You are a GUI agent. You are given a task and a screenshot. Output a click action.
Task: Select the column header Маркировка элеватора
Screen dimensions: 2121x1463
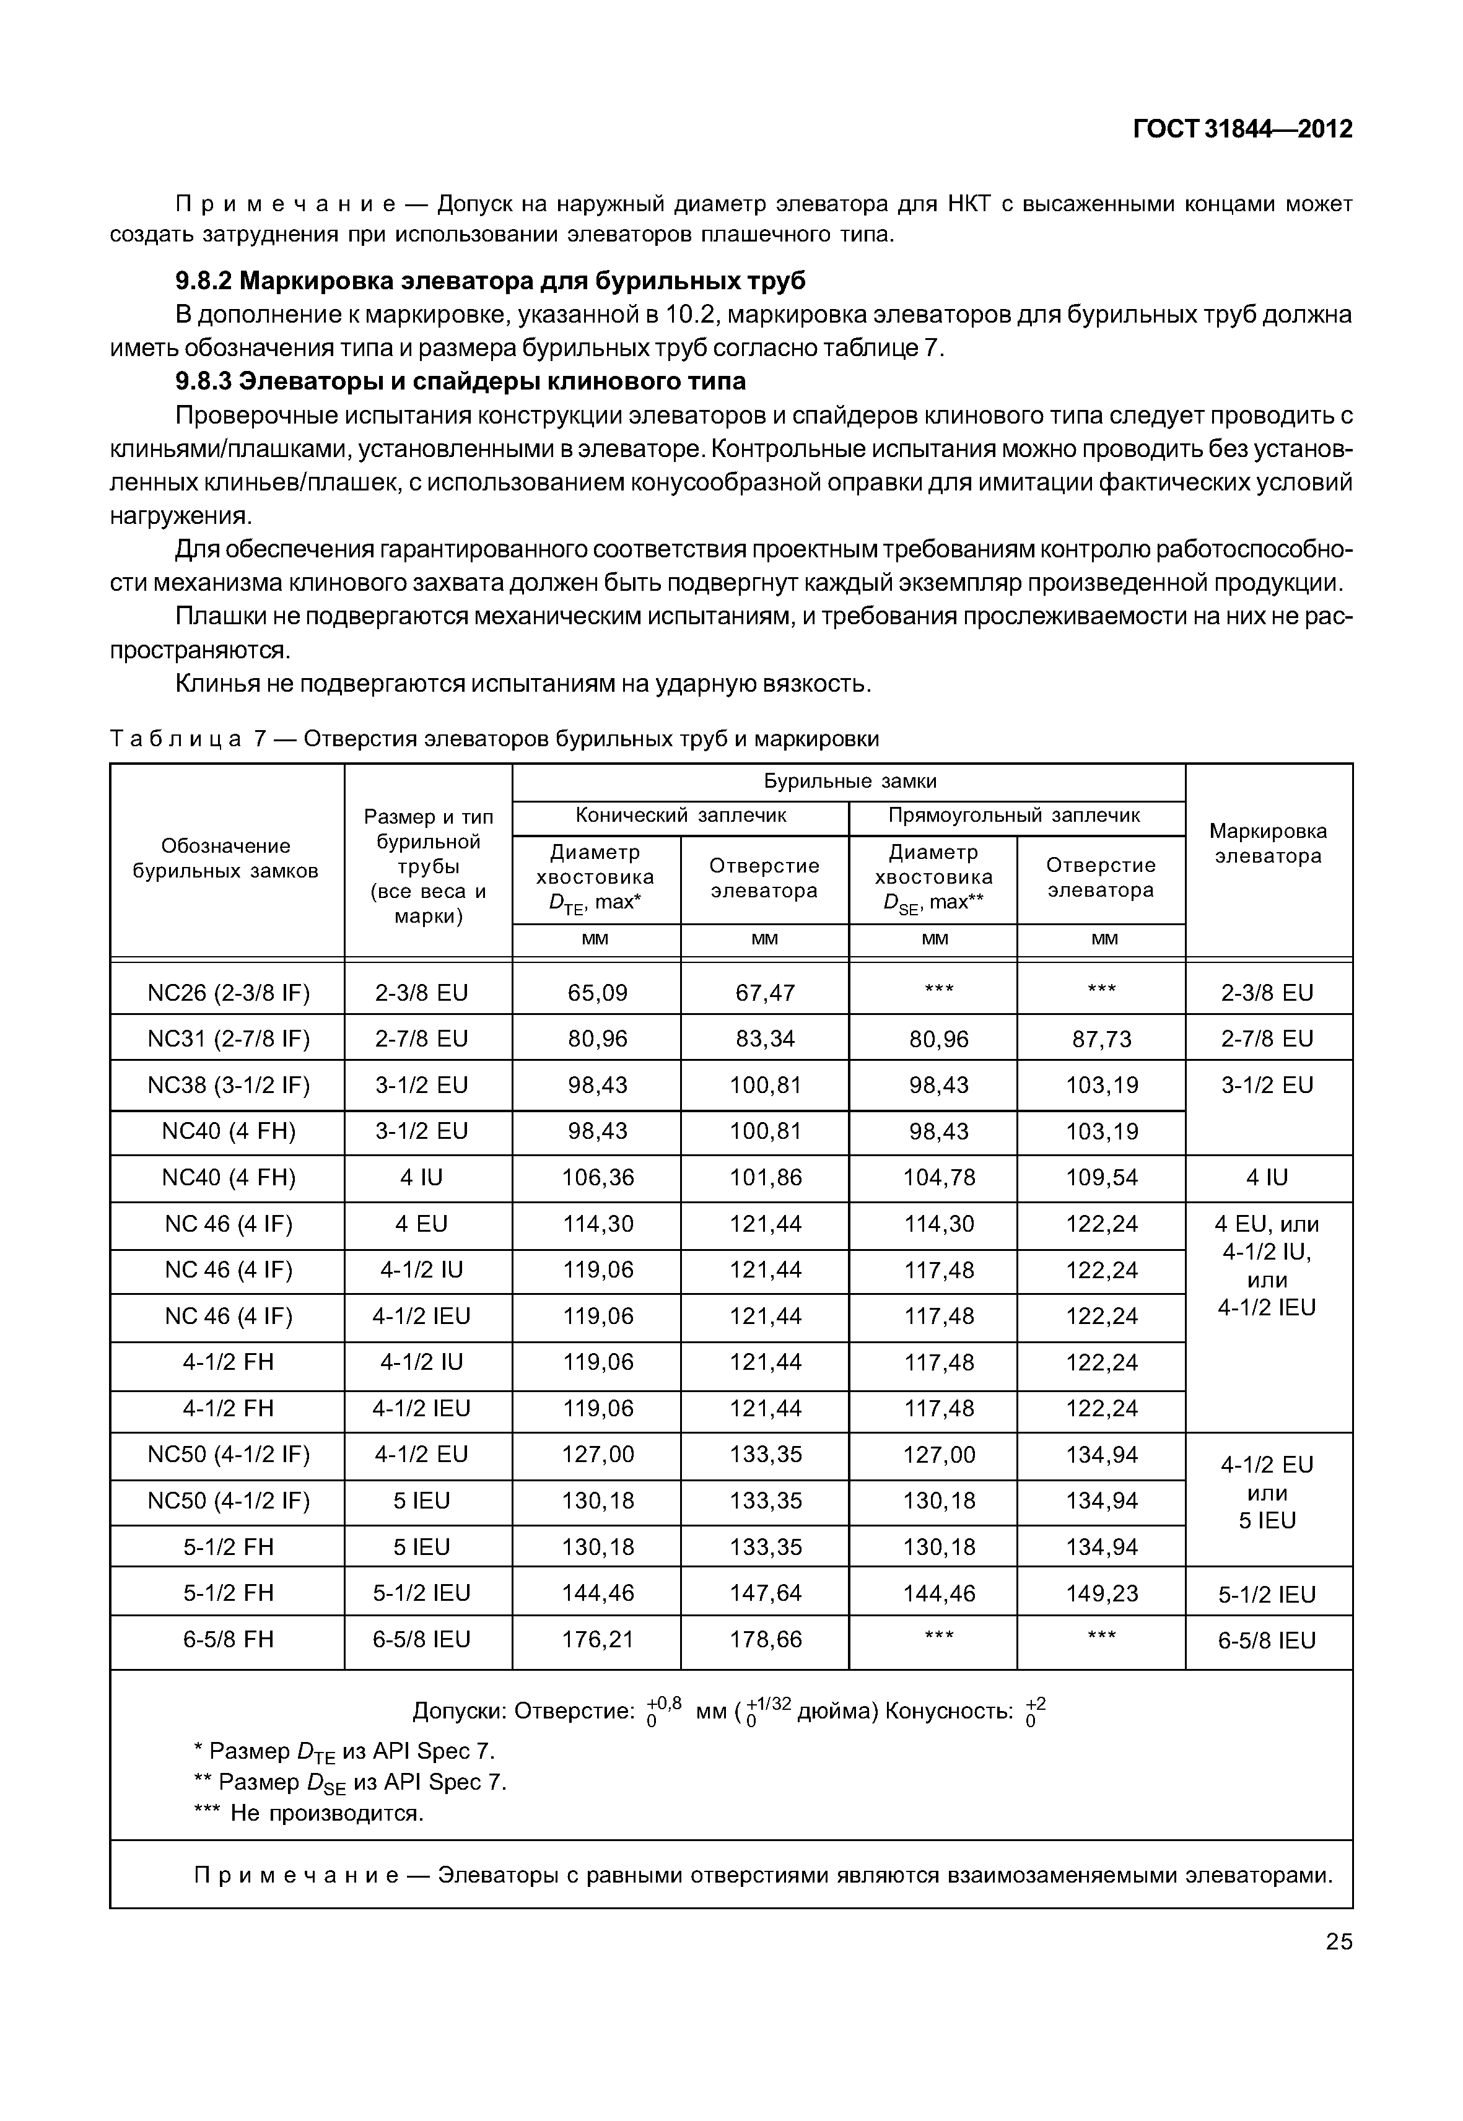click(x=1268, y=843)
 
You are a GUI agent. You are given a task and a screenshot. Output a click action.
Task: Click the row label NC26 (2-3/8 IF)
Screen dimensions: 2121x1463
click(x=229, y=993)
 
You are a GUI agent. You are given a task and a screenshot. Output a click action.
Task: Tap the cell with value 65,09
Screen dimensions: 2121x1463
click(x=596, y=993)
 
